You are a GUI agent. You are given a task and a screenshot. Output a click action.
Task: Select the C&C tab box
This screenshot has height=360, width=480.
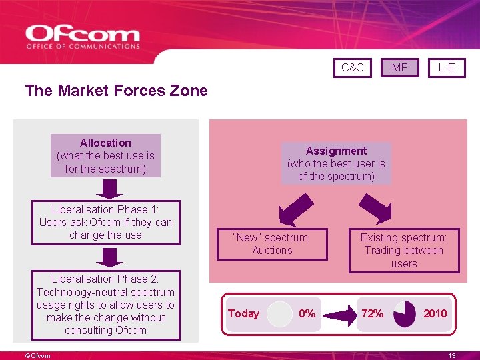(352, 67)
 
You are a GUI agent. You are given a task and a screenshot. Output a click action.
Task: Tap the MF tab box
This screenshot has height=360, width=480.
(399, 67)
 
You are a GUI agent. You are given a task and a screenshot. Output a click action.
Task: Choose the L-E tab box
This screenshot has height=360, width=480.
(447, 67)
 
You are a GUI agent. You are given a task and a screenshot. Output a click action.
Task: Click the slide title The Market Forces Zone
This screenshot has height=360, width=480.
(116, 91)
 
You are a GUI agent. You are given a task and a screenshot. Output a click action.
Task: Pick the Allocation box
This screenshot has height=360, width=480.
(105, 155)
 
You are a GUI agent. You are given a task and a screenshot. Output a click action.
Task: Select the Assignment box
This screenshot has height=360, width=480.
(336, 163)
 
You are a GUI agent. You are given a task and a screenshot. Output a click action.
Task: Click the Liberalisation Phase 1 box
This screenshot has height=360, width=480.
(105, 223)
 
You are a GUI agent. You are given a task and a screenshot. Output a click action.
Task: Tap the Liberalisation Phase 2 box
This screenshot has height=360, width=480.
(105, 305)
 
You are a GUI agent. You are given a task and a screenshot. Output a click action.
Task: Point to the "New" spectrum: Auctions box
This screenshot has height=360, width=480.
(272, 244)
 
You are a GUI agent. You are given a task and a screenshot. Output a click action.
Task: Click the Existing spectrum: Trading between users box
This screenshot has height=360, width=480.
(404, 251)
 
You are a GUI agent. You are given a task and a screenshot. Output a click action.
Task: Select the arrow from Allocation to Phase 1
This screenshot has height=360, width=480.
(105, 189)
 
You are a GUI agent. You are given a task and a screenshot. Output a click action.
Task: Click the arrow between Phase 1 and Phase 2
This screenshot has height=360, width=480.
(105, 257)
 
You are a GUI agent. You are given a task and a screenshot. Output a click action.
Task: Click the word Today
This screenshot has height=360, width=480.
(243, 313)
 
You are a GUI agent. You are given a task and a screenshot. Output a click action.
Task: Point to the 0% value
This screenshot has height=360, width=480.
(307, 313)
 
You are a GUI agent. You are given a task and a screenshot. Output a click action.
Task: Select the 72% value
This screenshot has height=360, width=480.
(372, 313)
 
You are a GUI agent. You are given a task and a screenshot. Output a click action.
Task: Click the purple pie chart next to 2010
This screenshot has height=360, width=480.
(405, 314)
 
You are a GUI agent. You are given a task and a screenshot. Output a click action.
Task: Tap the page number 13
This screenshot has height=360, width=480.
(451, 356)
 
